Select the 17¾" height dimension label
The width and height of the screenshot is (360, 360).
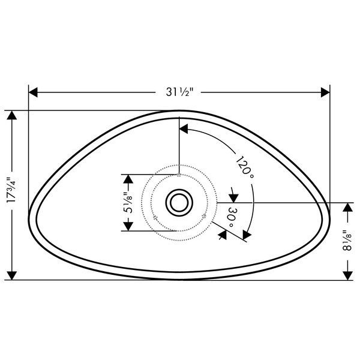(12, 190)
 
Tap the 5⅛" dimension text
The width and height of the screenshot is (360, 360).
(128, 203)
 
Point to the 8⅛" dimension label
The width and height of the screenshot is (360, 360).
(347, 241)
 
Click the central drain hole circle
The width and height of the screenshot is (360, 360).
(179, 203)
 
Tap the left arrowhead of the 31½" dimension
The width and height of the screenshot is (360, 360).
(33, 92)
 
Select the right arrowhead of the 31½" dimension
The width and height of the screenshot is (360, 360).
(325, 92)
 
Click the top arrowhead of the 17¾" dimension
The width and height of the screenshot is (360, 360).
(12, 115)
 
